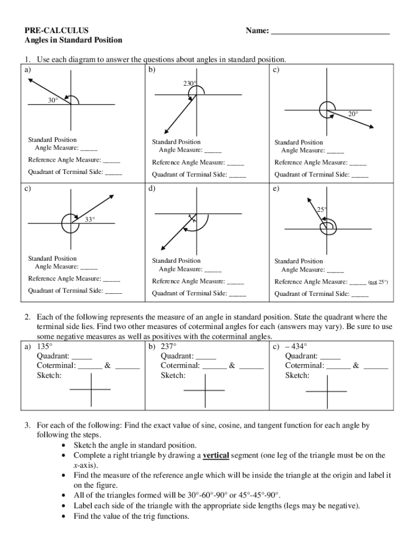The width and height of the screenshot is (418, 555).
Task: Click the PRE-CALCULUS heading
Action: tap(56, 30)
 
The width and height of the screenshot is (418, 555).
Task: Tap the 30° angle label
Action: tap(52, 100)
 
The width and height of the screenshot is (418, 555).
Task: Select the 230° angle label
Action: tap(189, 83)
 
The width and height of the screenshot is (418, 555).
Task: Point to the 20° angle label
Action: tap(353, 114)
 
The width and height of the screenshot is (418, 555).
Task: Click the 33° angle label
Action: tap(90, 219)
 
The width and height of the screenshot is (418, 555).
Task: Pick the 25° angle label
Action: tap(321, 209)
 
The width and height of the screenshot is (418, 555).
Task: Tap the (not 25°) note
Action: tap(378, 282)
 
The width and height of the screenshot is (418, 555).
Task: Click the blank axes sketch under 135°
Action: tap(90, 389)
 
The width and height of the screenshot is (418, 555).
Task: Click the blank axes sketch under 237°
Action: tap(204, 389)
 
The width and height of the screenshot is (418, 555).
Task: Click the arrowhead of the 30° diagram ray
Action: tap(29, 80)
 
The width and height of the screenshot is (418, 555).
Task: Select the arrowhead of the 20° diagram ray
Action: tap(371, 127)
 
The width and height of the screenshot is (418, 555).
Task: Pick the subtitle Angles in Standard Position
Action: tap(73, 40)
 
